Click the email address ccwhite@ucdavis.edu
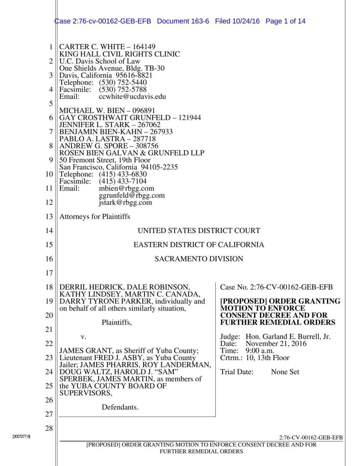coord(132,97)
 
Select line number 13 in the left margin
coord(49,216)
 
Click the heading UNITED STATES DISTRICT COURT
coord(199,230)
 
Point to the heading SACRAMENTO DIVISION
coord(199,259)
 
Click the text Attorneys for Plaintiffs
coord(94,216)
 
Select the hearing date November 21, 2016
coord(276,344)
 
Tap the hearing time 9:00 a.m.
coord(260,350)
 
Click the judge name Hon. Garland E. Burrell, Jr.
coord(288,336)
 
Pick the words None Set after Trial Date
coord(285,372)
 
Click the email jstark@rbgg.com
coord(125,203)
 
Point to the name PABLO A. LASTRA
coord(92,139)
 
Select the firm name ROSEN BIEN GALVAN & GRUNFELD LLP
coord(132,153)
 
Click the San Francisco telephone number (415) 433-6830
coord(123,174)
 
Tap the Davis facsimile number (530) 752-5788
coord(123,89)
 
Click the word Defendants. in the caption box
coord(120,407)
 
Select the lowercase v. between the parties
coord(83,337)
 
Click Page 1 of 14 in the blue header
coord(285,21)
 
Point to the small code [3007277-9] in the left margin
coord(21,436)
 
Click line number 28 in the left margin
coord(49,428)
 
